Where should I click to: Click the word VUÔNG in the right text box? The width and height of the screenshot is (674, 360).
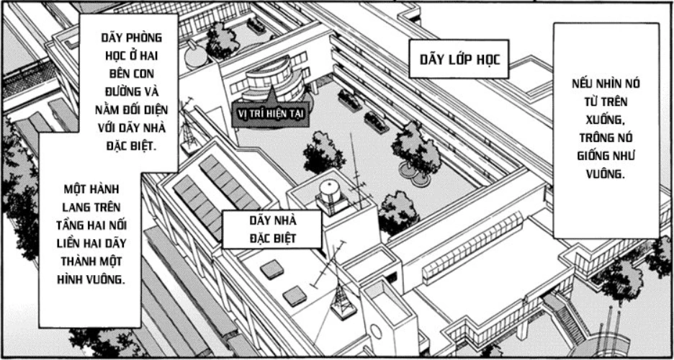pos(605,174)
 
